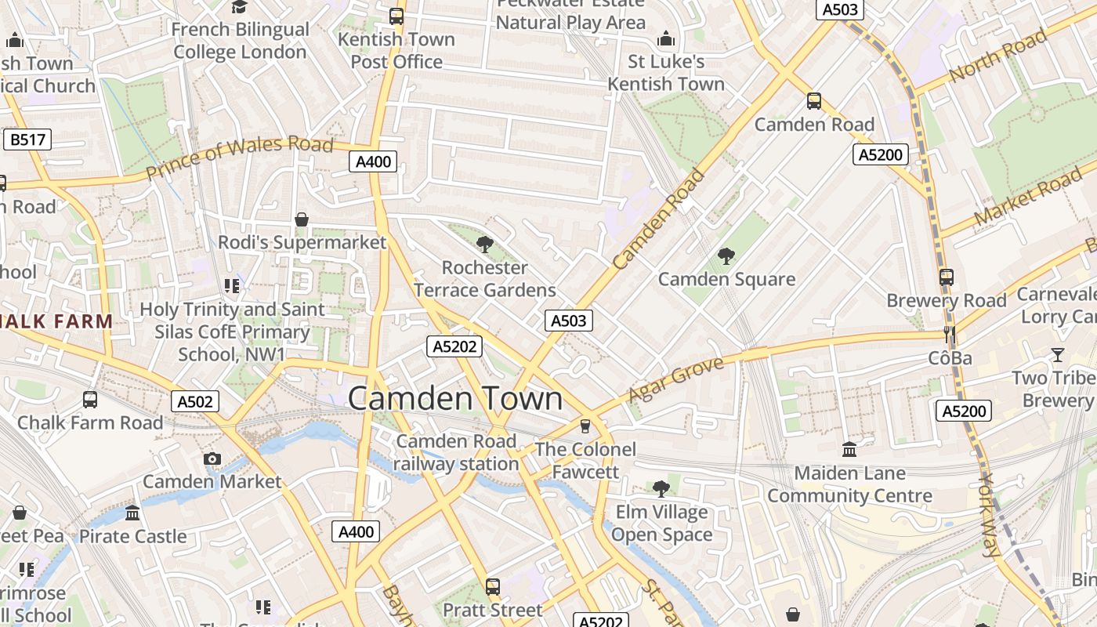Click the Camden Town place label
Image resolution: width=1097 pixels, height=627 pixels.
pyautogui.click(x=454, y=398)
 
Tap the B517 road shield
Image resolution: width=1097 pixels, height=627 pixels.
pyautogui.click(x=27, y=140)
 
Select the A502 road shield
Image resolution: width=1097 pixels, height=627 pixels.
pyautogui.click(x=195, y=402)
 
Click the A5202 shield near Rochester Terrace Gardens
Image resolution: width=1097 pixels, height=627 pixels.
pyautogui.click(x=454, y=346)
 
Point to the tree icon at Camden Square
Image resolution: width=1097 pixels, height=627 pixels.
pyautogui.click(x=726, y=256)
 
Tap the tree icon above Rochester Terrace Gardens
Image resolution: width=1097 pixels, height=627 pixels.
pyautogui.click(x=485, y=244)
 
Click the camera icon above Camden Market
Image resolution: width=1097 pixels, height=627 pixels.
pyautogui.click(x=212, y=458)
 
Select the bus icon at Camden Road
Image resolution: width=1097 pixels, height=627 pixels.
pyautogui.click(x=814, y=100)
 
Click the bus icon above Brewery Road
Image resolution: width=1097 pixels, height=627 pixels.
pyautogui.click(x=947, y=277)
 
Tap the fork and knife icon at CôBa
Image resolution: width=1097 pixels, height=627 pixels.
pyautogui.click(x=950, y=335)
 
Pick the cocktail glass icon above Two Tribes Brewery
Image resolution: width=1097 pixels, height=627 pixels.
pyautogui.click(x=1058, y=354)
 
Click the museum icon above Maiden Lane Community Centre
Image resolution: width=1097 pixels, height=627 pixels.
pyautogui.click(x=849, y=449)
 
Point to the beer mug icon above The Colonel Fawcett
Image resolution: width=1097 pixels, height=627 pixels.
pyautogui.click(x=585, y=426)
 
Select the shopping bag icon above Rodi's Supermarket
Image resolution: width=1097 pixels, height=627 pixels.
pyautogui.click(x=302, y=219)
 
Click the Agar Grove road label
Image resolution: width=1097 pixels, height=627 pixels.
pyautogui.click(x=675, y=379)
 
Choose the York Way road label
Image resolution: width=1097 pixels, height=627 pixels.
pyautogui.click(x=991, y=515)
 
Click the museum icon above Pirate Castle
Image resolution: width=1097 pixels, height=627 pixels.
pyautogui.click(x=132, y=513)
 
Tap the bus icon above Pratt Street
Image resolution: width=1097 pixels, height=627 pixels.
pyautogui.click(x=492, y=585)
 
